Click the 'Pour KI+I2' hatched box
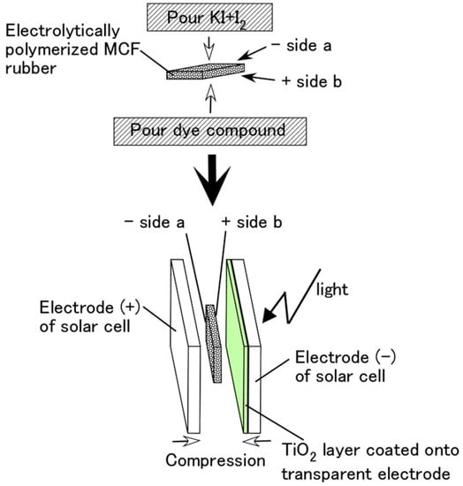(209, 18)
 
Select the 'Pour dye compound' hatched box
(210, 132)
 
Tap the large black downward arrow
(212, 179)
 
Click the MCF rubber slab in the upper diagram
(206, 72)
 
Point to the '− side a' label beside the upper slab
(301, 46)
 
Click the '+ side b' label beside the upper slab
(311, 81)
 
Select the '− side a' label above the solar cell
(155, 223)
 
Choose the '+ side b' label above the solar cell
(252, 223)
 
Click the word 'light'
(332, 290)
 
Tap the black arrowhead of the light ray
(269, 315)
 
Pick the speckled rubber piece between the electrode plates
(214, 344)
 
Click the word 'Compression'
(216, 460)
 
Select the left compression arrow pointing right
(186, 441)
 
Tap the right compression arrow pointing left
(256, 441)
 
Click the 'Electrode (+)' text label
(90, 308)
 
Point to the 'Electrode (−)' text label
(345, 357)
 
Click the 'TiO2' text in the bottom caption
(299, 452)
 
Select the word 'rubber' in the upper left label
(31, 68)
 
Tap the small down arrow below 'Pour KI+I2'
(209, 49)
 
